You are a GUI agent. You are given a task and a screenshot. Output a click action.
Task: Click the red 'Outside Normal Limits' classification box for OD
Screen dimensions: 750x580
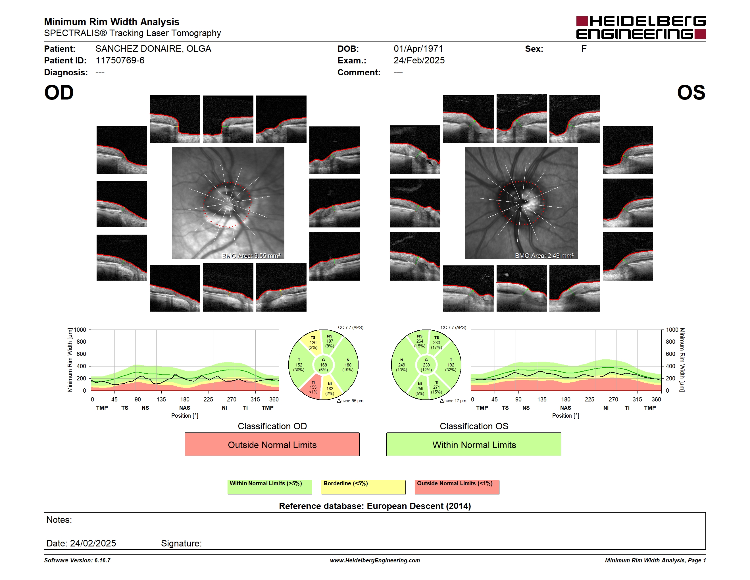point(272,444)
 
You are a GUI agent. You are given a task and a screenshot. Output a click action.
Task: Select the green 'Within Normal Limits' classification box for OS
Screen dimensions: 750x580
point(474,444)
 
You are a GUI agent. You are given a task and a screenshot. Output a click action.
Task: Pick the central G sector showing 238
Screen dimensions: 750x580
point(426,365)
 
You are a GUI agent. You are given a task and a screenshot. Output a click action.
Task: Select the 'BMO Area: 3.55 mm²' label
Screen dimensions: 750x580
point(251,256)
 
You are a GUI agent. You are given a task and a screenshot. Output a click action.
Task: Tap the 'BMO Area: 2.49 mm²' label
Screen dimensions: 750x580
point(544,256)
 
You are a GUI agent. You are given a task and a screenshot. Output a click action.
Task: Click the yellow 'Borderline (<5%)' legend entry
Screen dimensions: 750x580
point(363,487)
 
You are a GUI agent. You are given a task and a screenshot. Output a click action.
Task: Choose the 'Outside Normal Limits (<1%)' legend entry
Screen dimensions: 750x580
point(457,487)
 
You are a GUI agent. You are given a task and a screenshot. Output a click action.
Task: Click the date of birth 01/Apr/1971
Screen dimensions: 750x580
point(418,49)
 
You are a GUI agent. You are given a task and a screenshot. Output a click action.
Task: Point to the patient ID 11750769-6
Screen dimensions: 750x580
point(120,61)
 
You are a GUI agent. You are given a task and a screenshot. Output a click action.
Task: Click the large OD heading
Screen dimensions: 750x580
point(59,93)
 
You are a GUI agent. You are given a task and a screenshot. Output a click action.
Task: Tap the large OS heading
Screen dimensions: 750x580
point(691,93)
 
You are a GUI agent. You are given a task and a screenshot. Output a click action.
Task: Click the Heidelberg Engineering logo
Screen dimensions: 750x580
point(641,28)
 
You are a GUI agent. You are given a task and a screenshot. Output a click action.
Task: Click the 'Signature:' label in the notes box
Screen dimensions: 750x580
point(181,543)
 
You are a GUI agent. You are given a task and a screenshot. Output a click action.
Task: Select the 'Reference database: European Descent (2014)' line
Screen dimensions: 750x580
point(375,506)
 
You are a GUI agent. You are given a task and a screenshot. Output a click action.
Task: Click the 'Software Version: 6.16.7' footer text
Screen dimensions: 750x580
point(77,560)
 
